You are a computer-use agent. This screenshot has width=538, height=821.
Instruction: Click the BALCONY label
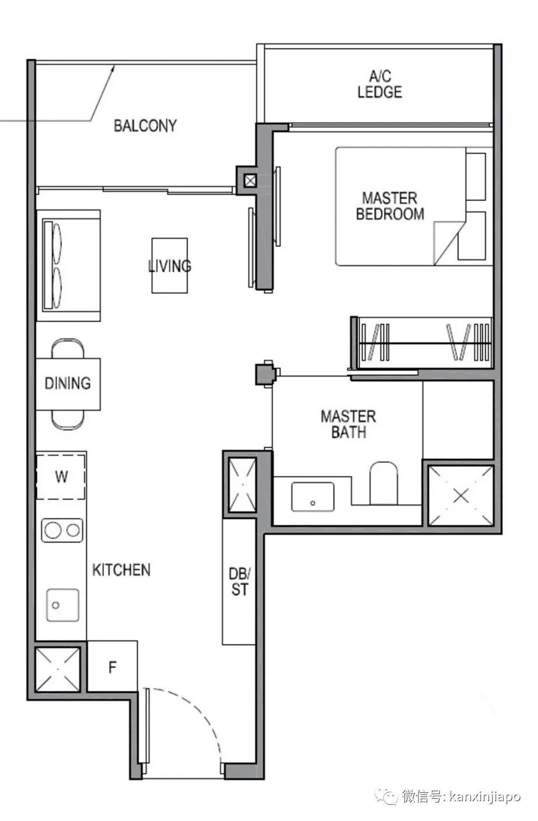145,126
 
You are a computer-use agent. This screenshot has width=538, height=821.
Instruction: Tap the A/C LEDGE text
380,85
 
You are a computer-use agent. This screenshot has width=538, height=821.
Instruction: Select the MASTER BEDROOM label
390,206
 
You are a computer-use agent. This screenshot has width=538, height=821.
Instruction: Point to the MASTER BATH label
348,424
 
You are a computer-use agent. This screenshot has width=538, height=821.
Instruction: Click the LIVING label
169,266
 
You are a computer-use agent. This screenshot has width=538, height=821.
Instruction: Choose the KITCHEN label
121,570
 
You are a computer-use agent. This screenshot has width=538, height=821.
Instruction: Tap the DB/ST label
239,582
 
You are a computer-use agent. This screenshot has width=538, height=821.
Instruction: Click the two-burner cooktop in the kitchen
62,530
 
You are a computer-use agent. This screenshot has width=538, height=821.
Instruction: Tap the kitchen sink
62,605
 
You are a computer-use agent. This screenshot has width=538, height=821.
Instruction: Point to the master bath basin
312,497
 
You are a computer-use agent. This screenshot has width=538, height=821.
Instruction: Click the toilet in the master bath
383,483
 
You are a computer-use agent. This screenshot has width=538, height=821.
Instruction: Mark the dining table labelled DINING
68,384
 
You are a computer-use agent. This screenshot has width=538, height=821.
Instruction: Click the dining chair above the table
68,349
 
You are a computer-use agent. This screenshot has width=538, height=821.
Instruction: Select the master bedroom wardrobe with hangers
422,343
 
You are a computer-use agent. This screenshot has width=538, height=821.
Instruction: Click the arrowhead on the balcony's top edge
113,68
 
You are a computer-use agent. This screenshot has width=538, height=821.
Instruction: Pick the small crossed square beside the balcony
251,180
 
